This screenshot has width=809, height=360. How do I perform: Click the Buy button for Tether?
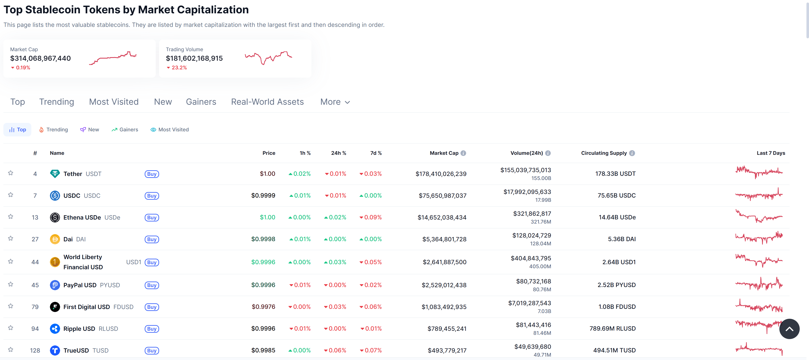(x=152, y=174)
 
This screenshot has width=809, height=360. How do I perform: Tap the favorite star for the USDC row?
(x=11, y=195)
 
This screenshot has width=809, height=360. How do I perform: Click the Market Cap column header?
(x=444, y=153)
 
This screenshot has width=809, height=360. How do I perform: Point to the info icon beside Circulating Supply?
(x=632, y=153)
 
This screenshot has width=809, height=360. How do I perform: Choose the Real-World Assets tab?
(x=267, y=102)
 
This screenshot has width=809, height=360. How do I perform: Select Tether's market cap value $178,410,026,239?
(x=441, y=174)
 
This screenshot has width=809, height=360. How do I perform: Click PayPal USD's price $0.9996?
(x=263, y=285)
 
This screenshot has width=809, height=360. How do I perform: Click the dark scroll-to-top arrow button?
(x=789, y=329)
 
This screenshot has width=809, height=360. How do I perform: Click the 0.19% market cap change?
(x=23, y=67)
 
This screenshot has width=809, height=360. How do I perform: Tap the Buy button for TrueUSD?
(x=152, y=350)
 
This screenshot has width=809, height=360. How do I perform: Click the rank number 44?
(x=35, y=262)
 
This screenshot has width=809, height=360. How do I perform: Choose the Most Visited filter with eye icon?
(x=170, y=130)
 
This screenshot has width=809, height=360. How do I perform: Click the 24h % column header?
(x=338, y=153)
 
